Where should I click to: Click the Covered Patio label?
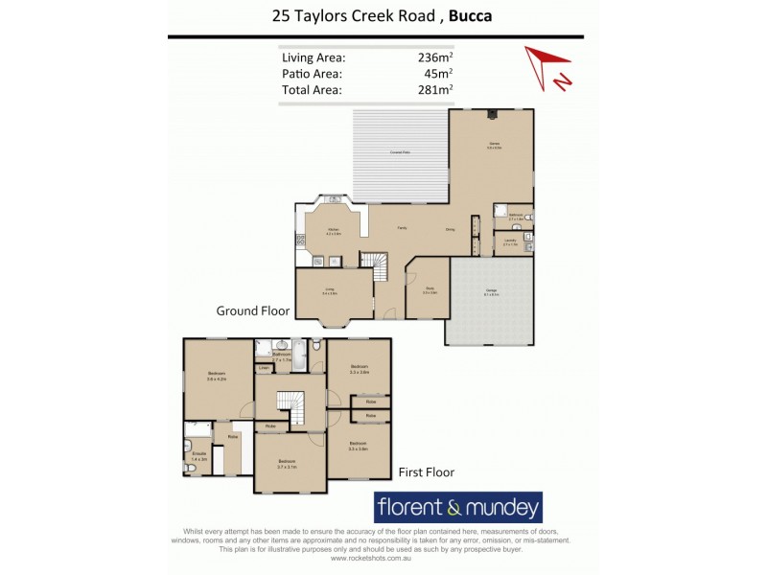coord(400,153)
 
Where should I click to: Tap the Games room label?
coord(494,145)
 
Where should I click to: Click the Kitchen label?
coord(334,230)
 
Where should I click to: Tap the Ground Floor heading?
coord(253,311)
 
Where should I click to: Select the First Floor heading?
coord(426,471)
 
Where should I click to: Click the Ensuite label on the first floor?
coord(199,456)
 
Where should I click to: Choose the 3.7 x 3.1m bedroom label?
coord(289,465)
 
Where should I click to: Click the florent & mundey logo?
coord(457,506)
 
